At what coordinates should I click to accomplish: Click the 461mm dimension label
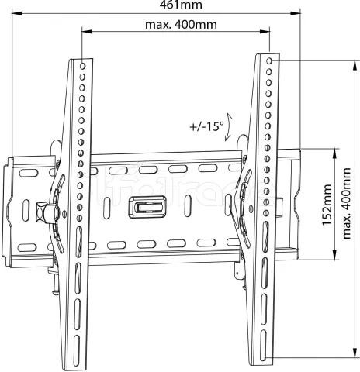(181, 5)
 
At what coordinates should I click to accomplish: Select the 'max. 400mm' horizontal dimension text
(181, 25)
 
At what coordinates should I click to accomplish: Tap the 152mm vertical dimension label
(327, 205)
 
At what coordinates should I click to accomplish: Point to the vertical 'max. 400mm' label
(346, 203)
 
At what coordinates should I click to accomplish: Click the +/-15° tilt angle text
(207, 126)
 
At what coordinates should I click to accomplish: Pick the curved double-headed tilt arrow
(228, 126)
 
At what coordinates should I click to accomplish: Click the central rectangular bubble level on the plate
(147, 207)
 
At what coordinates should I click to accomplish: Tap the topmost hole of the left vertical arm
(82, 66)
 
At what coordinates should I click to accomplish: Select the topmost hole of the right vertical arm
(269, 61)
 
